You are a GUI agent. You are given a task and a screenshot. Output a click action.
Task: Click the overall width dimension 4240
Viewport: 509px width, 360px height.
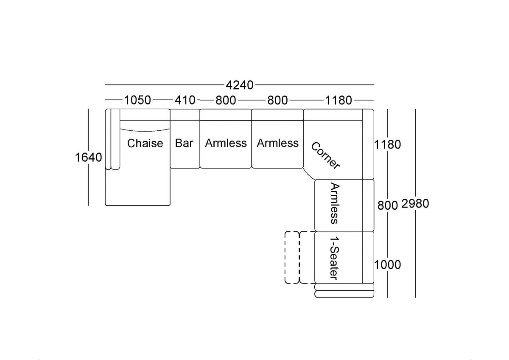(239, 85)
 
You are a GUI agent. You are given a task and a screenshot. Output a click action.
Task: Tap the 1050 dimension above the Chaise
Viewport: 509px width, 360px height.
(137, 100)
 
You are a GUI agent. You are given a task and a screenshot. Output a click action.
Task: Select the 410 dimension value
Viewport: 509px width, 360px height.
(185, 100)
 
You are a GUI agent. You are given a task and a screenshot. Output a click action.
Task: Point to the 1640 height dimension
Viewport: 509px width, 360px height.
(88, 157)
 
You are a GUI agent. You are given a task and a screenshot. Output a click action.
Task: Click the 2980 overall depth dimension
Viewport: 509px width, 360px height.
(415, 203)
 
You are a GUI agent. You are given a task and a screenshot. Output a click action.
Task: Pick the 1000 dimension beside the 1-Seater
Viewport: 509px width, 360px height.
(387, 265)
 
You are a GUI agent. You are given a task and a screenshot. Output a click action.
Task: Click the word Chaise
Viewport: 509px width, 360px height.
(145, 143)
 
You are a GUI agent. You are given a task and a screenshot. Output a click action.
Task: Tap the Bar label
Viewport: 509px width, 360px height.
(184, 143)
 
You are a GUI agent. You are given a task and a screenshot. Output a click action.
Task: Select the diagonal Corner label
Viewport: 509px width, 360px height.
(325, 156)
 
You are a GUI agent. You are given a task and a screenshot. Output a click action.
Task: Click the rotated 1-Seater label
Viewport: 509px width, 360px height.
(335, 258)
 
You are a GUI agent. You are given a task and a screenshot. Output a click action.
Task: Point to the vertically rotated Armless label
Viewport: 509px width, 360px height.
(335, 203)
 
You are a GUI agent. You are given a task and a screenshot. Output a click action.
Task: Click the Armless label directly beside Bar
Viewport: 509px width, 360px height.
(226, 143)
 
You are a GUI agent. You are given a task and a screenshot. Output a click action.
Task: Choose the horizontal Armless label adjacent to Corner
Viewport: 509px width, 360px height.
(278, 143)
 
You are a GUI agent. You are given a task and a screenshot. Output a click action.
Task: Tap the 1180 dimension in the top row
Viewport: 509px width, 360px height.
(338, 100)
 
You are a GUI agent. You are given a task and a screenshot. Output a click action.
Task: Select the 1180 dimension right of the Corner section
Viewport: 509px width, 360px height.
(387, 144)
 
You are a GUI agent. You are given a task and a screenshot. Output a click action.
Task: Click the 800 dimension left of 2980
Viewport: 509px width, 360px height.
(388, 205)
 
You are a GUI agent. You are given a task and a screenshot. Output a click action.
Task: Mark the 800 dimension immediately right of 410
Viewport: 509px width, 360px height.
(226, 100)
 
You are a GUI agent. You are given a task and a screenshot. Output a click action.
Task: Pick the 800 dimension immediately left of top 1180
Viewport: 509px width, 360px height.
(278, 100)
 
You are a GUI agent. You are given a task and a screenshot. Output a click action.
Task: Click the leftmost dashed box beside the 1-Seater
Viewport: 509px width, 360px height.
(285, 257)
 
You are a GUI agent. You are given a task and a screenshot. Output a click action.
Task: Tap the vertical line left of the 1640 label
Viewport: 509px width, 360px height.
(89, 157)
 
